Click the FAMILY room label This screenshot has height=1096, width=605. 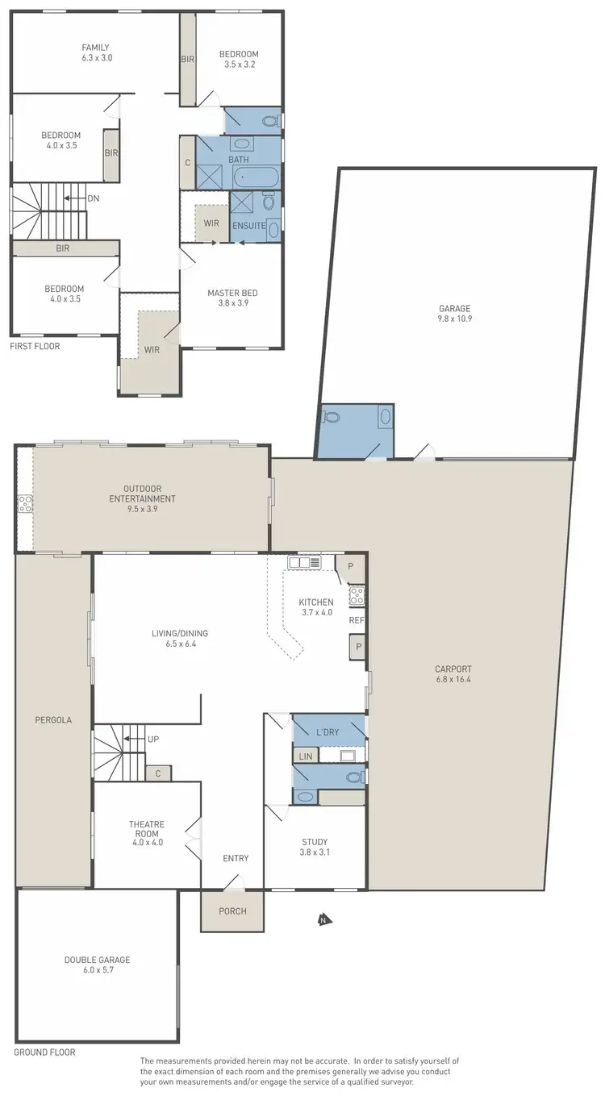[x=95, y=48]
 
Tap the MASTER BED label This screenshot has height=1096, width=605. [x=232, y=293]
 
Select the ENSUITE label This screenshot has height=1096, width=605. [x=249, y=226]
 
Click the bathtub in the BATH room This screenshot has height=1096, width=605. [x=256, y=177]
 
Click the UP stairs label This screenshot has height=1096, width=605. [x=152, y=739]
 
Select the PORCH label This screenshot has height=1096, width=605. [x=232, y=911]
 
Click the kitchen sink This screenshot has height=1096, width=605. [x=304, y=562]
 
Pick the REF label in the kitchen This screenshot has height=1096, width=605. [x=356, y=621]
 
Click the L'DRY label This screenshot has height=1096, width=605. [x=328, y=731]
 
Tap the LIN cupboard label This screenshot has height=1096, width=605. [x=305, y=756]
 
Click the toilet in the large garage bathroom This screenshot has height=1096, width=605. [x=330, y=418]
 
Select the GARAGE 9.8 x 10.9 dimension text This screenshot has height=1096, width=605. [x=454, y=319]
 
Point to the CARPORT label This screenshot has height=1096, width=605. [x=453, y=669]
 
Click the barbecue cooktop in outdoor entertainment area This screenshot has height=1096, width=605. [x=25, y=505]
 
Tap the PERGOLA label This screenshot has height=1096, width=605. [x=54, y=719]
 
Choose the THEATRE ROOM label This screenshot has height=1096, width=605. [x=147, y=824]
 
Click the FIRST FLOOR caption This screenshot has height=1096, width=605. [x=35, y=346]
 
